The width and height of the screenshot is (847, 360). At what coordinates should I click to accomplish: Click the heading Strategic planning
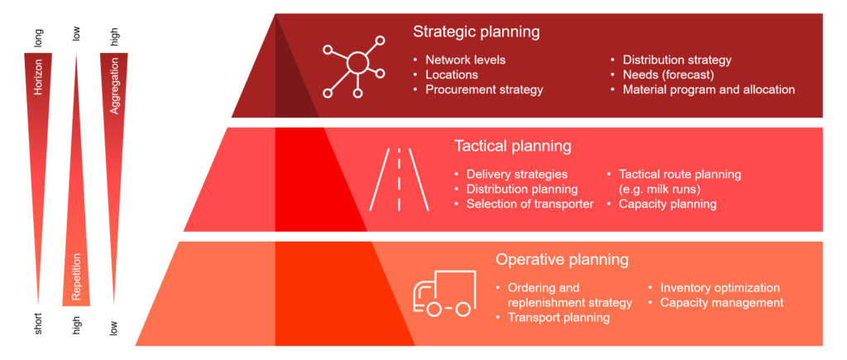(476, 32)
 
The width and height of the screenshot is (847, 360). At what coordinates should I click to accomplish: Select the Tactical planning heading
(513, 146)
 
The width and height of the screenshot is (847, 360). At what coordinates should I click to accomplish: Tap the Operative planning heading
(562, 259)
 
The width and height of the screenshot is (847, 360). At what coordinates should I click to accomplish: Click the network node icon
(355, 65)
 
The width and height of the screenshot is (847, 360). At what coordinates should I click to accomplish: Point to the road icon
(399, 179)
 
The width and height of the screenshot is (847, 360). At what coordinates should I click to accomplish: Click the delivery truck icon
(444, 293)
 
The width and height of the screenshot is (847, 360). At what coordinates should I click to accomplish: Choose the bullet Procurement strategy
(484, 89)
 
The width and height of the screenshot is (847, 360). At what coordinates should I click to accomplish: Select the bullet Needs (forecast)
(669, 74)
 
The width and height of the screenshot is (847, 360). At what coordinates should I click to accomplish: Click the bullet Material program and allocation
(708, 89)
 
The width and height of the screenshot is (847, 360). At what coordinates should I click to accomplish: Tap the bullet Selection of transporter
(529, 204)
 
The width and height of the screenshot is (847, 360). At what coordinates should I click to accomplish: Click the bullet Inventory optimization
(720, 288)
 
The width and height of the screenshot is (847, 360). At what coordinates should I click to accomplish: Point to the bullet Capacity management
(721, 303)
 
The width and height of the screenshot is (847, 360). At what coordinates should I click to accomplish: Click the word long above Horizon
(38, 36)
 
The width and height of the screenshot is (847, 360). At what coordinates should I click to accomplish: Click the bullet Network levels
(465, 60)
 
